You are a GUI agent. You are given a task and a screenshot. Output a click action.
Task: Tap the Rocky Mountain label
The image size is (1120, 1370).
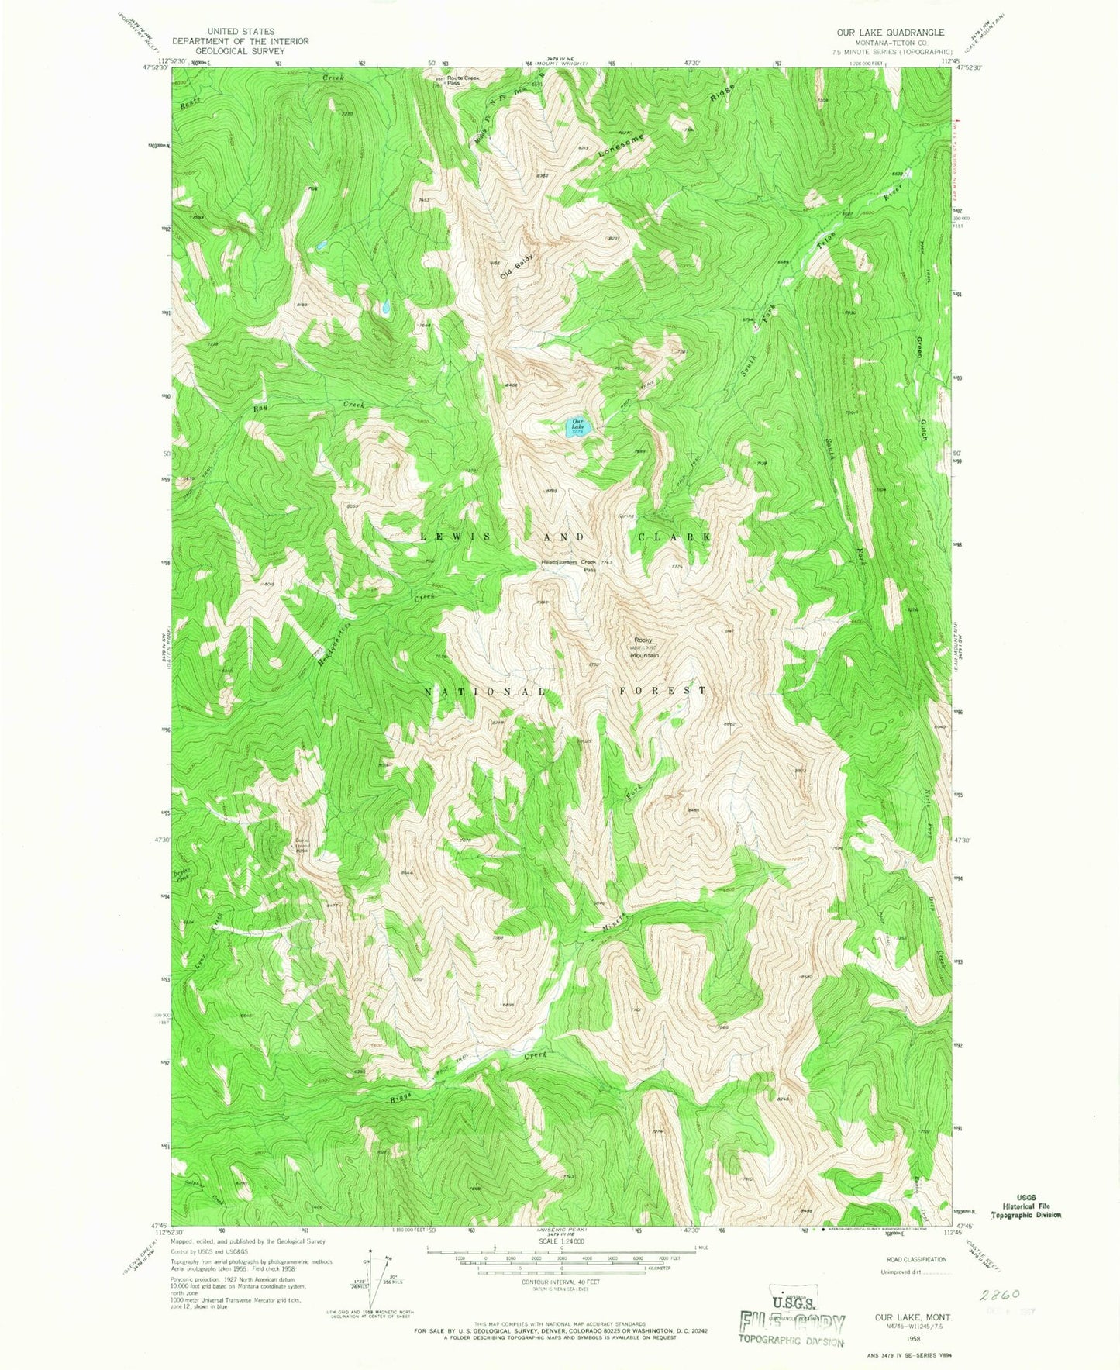coord(644,647)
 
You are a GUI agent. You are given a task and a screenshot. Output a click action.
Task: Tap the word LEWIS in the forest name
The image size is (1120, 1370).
coord(455,537)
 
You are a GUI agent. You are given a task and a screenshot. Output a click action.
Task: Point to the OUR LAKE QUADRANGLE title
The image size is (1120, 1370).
coord(890,33)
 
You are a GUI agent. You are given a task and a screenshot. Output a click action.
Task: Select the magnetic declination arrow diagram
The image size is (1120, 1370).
coord(371,1279)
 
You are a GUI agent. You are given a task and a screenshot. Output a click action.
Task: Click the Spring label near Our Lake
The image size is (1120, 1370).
coord(625,516)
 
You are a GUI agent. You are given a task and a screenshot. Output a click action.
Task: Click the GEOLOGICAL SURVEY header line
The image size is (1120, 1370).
coord(240,51)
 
